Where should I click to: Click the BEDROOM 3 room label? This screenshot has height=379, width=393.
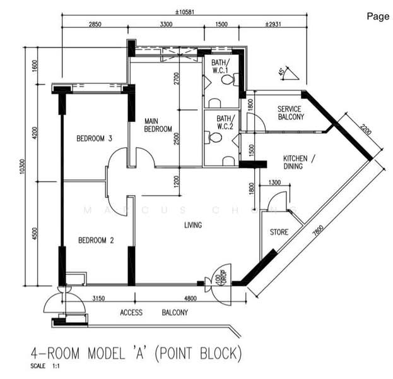[x=95, y=138]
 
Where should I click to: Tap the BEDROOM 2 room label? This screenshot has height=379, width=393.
[x=95, y=240]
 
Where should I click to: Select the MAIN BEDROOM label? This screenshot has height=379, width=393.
[x=158, y=124]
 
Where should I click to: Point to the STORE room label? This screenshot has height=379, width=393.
[x=279, y=232]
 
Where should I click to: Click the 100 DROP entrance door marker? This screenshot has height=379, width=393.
[x=219, y=277]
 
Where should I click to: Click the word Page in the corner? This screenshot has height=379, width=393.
[x=378, y=16]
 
